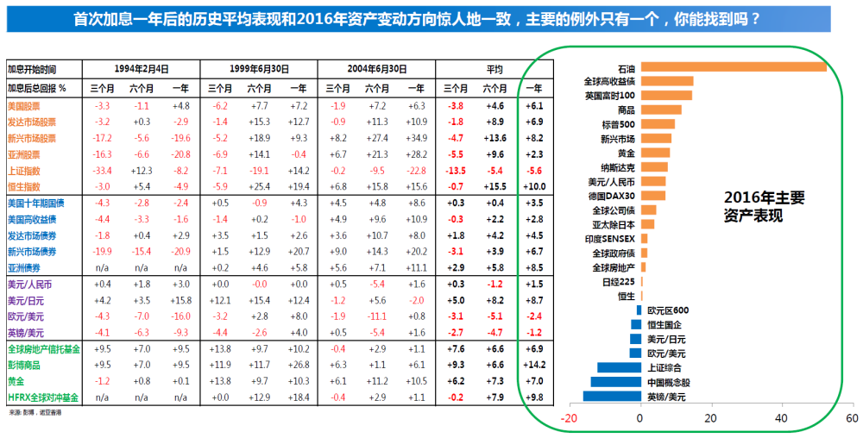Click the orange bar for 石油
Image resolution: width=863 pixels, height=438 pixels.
pyautogui.click(x=734, y=67)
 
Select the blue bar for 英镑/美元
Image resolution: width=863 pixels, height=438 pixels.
pyautogui.click(x=612, y=396)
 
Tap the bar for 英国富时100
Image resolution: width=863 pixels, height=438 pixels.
pyautogui.click(x=666, y=95)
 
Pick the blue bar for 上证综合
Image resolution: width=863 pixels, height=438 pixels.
pyautogui.click(x=619, y=367)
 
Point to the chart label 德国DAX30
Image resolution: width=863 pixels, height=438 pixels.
pyautogui.click(x=611, y=196)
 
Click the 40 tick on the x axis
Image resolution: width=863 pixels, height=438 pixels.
pyautogui.click(x=782, y=418)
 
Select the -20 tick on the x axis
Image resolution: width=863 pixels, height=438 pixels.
pyautogui.click(x=569, y=418)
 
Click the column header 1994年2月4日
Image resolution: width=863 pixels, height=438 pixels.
pyautogui.click(x=142, y=68)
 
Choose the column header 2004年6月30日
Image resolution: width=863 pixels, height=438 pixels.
pyautogui.click(x=377, y=68)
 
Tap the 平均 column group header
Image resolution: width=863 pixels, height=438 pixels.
pyautogui.click(x=494, y=68)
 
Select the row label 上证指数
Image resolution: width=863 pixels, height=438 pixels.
pyautogui.click(x=25, y=170)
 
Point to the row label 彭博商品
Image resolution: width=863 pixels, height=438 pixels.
pyautogui.click(x=25, y=365)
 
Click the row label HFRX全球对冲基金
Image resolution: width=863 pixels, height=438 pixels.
pyautogui.click(x=42, y=397)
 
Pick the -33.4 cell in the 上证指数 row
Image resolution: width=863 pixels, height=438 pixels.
pyautogui.click(x=102, y=170)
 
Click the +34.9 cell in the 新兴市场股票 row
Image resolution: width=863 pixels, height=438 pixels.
pyautogui.click(x=416, y=137)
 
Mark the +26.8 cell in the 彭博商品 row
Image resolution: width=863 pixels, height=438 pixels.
pyautogui.click(x=298, y=365)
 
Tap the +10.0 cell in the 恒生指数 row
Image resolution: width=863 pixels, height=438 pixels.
pyautogui.click(x=533, y=186)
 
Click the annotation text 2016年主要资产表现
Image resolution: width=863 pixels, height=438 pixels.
pyautogui.click(x=764, y=207)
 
